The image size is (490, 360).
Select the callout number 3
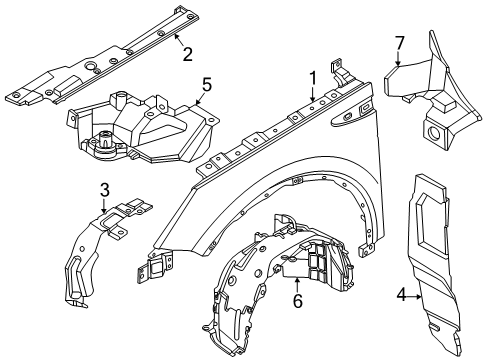pos(104,189)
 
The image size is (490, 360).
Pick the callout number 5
pos(206,87)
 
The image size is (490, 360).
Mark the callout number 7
pos(398,42)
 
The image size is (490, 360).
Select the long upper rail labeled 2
pos(100,75)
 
